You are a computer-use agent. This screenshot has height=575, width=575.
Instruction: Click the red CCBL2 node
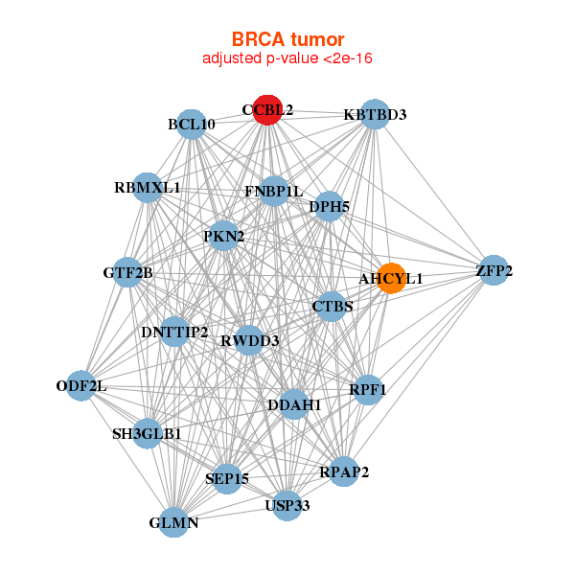(x=266, y=110)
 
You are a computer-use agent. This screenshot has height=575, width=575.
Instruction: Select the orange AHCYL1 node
(x=390, y=278)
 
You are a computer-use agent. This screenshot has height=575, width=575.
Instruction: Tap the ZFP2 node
(x=493, y=271)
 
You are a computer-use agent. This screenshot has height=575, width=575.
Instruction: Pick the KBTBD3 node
(x=375, y=114)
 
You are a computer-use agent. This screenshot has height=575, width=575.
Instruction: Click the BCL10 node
(x=192, y=124)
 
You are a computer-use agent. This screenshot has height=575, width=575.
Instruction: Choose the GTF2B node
(x=128, y=273)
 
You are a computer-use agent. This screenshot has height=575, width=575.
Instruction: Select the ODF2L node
(x=81, y=386)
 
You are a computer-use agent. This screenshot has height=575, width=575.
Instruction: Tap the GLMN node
(x=173, y=522)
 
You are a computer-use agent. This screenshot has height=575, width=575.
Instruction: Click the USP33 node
(x=287, y=504)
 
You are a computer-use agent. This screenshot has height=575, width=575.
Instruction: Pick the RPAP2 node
(x=344, y=471)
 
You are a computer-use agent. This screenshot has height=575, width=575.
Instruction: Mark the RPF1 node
(x=368, y=390)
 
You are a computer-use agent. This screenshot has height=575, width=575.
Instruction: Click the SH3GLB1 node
(x=148, y=433)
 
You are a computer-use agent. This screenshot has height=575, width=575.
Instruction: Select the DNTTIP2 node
(x=174, y=332)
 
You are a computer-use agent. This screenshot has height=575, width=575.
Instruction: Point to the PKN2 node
(x=223, y=236)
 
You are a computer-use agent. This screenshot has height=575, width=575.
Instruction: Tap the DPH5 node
(x=329, y=206)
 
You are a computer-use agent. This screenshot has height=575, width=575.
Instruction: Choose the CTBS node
(x=333, y=307)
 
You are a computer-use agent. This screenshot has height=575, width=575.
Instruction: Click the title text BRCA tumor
(x=287, y=39)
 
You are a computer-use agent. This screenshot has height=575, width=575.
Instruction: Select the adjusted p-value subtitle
(x=287, y=58)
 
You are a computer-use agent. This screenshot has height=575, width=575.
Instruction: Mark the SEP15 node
(x=226, y=478)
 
